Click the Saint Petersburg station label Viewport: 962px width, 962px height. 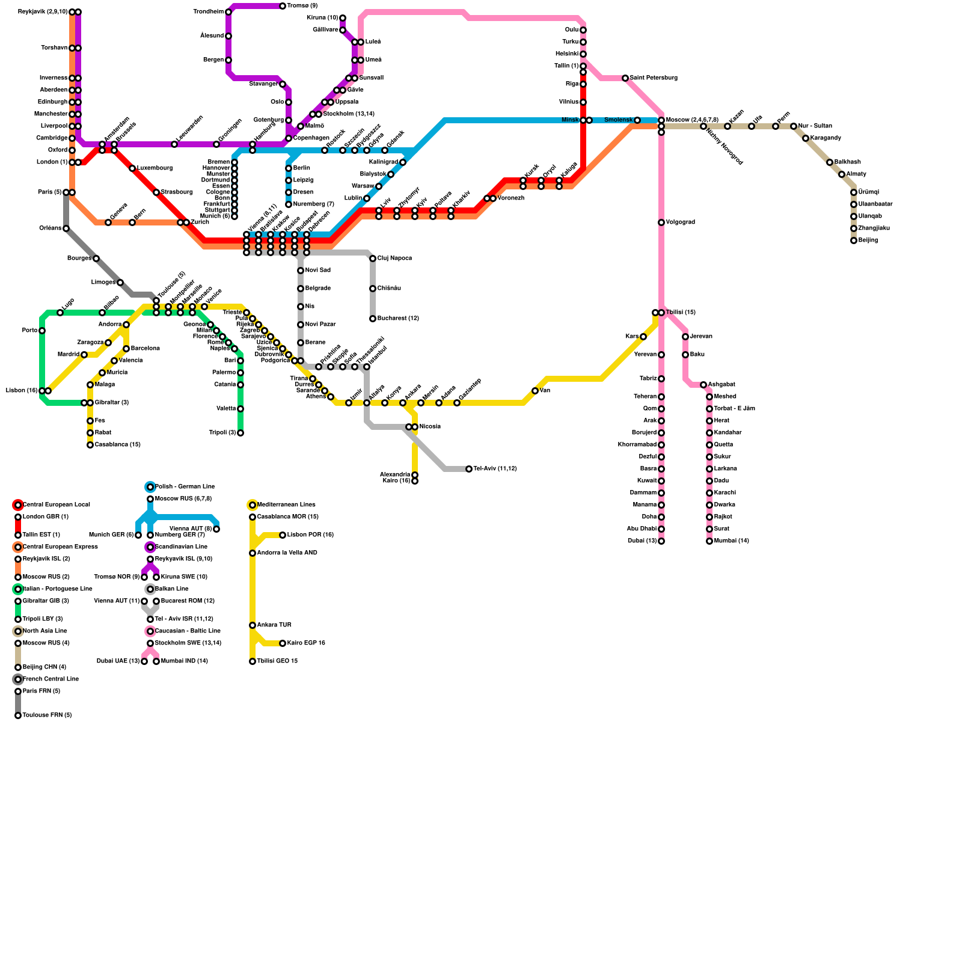point(654,78)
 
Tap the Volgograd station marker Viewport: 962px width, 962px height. point(661,222)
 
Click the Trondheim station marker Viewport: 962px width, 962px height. point(228,12)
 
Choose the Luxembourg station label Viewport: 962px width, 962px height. point(155,168)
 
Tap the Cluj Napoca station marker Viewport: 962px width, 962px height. point(373,259)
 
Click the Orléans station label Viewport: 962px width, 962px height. point(50,228)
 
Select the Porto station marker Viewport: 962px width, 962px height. point(42,331)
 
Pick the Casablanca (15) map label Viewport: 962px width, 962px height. point(117,445)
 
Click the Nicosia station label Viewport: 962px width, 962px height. point(430,427)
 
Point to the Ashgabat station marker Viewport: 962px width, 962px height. point(703,385)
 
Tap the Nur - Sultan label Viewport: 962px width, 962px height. point(815,126)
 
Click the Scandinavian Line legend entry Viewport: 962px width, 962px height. point(181,547)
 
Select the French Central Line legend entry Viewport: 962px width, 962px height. point(51,679)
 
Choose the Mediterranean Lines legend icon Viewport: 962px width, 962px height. point(253,505)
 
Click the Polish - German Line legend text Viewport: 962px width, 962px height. point(185,487)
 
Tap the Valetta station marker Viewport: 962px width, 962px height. point(240,409)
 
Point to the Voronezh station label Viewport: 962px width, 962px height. point(510,198)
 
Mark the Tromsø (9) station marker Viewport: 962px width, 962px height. point(283,6)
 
